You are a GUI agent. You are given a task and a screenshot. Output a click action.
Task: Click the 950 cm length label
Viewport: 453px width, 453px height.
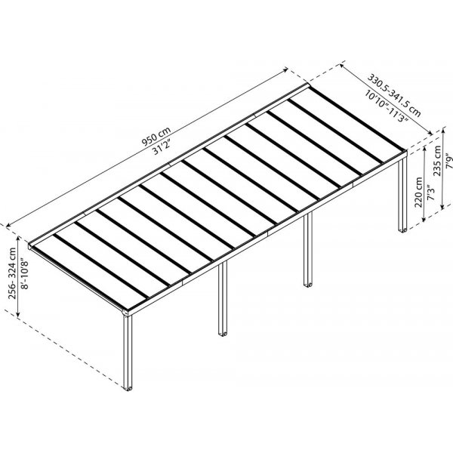[x=156, y=136]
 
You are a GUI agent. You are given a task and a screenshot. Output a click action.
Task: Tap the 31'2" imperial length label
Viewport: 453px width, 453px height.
[x=162, y=147]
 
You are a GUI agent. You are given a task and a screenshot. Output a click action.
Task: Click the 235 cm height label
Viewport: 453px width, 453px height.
[x=437, y=161]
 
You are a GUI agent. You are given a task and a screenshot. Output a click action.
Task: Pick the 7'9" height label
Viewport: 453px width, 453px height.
[x=448, y=162]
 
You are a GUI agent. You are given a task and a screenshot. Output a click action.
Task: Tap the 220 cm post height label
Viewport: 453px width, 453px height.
[x=418, y=192]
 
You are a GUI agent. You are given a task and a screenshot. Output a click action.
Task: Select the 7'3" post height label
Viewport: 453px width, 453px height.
[x=430, y=193]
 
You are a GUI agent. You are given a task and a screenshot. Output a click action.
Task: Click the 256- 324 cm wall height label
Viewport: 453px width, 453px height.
[x=12, y=273]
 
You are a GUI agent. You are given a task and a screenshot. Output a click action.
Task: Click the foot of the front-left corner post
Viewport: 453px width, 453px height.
[x=128, y=388]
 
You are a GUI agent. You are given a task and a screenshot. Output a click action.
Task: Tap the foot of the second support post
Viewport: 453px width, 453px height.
[x=223, y=334]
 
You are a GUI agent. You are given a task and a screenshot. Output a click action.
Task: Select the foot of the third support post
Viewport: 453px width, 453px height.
[x=308, y=285]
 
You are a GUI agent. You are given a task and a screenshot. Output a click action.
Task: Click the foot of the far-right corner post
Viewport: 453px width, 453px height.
[x=402, y=230]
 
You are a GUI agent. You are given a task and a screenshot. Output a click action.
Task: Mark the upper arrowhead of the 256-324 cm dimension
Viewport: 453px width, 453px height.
[x=18, y=239]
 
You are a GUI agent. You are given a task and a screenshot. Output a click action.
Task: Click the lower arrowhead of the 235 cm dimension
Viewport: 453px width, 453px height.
[x=442, y=206]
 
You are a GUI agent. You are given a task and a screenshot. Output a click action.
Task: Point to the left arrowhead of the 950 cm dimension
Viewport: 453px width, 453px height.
[x=8, y=225]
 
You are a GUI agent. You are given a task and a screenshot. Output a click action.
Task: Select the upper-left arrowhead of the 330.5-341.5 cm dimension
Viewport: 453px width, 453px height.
[x=342, y=66]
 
